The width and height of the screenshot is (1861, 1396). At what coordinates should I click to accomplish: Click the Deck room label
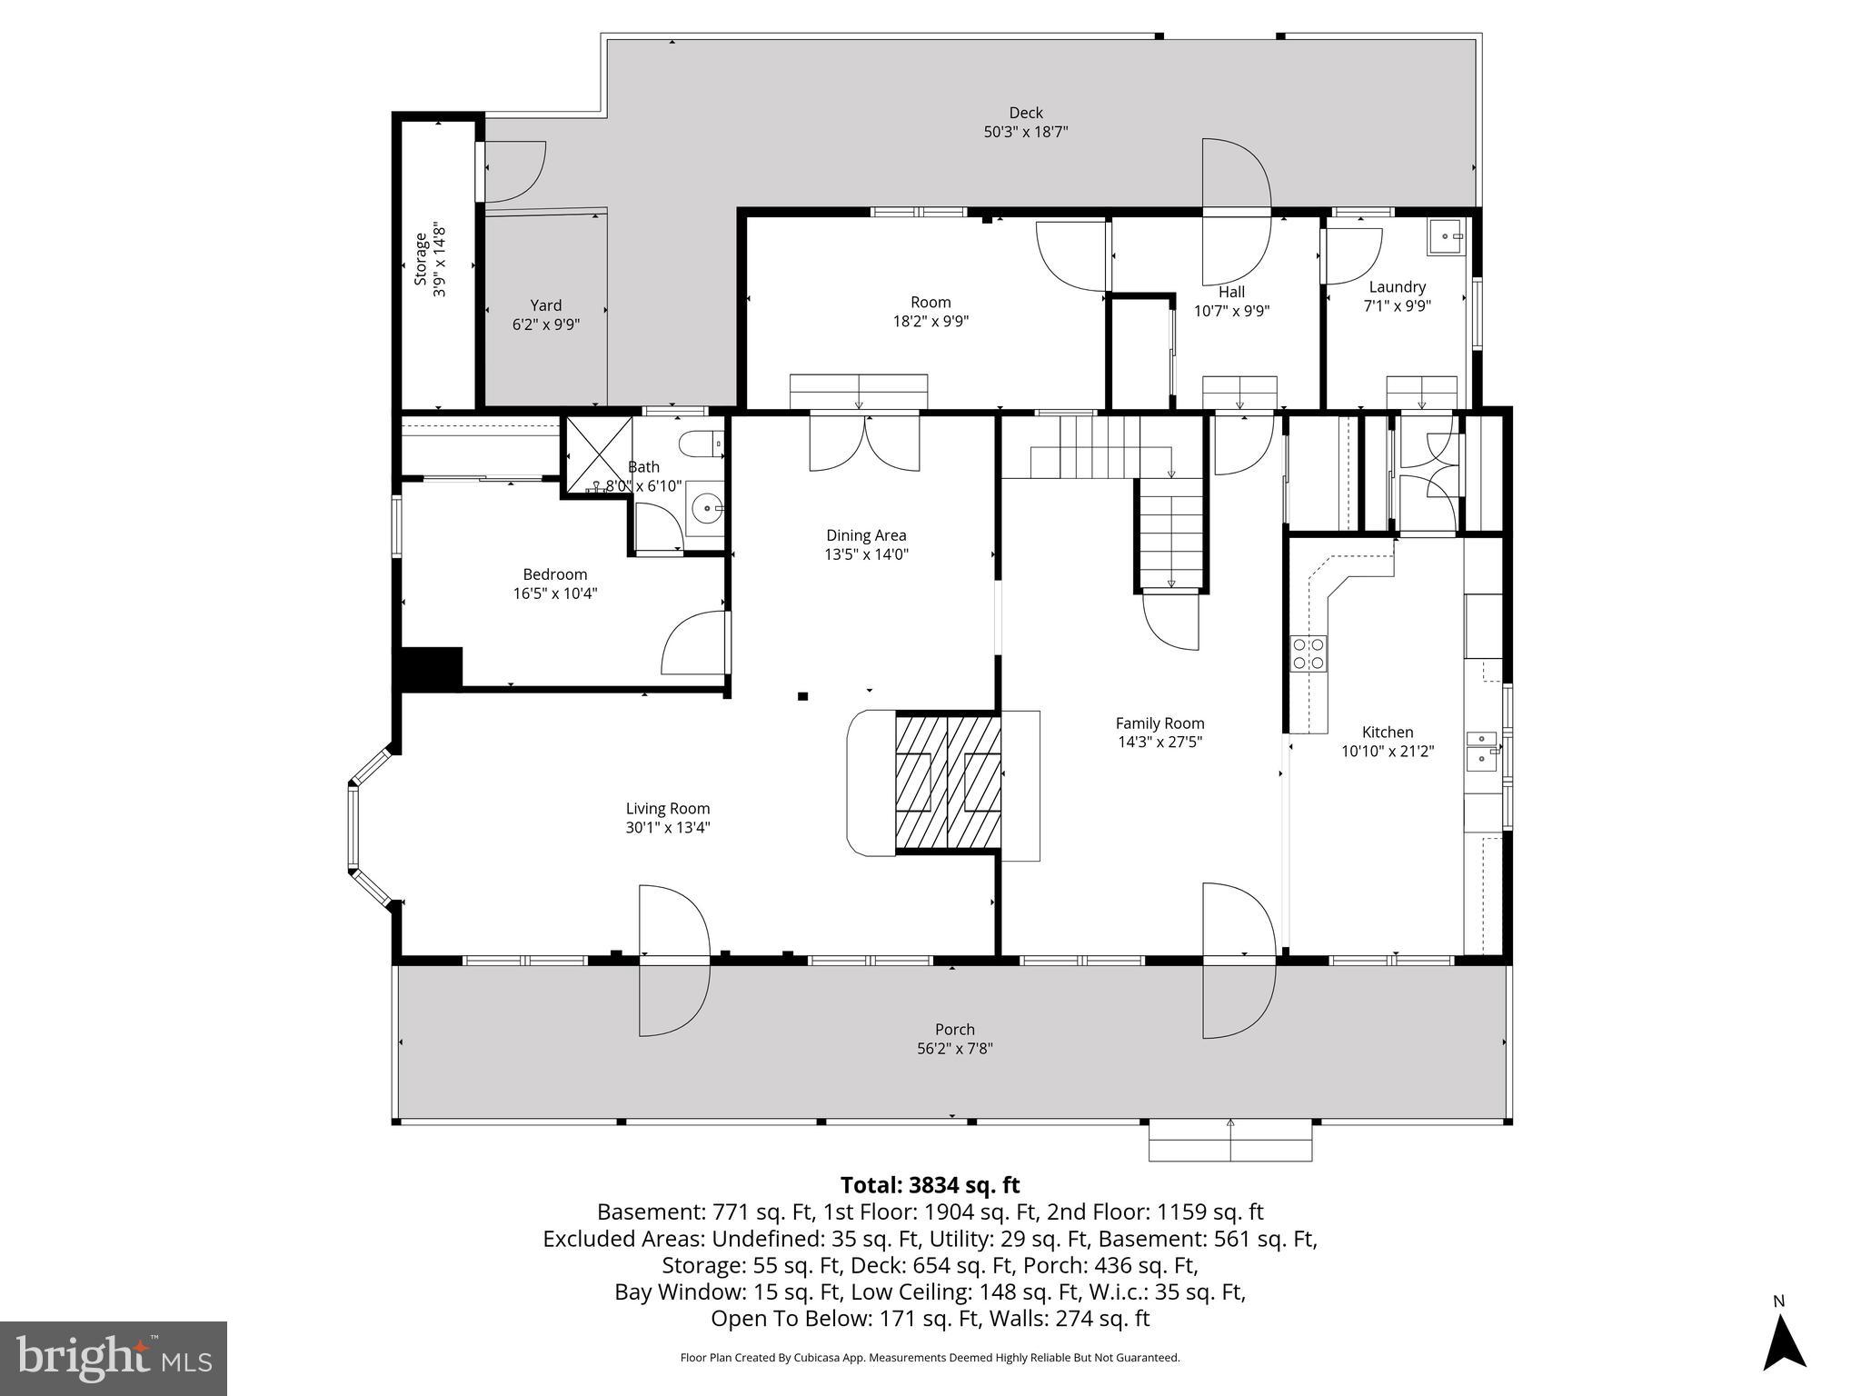click(x=1025, y=113)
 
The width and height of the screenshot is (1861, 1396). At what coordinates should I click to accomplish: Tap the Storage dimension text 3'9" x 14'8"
click(x=440, y=259)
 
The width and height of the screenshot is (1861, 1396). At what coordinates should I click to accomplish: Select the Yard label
click(x=545, y=305)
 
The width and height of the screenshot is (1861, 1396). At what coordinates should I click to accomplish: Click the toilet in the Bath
click(x=702, y=444)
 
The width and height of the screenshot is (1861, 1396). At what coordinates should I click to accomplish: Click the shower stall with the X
click(x=599, y=454)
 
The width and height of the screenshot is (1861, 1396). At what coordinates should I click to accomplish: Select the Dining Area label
click(x=865, y=535)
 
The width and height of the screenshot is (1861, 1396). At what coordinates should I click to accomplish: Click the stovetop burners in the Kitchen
click(x=1309, y=653)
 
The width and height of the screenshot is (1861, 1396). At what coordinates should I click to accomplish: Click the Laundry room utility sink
click(x=1445, y=236)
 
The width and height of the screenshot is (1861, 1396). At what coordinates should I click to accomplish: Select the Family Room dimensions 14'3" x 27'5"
click(x=1159, y=742)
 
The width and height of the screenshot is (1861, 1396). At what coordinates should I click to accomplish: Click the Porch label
click(x=954, y=1029)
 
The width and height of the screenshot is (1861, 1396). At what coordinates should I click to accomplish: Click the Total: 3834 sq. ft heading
click(x=930, y=1185)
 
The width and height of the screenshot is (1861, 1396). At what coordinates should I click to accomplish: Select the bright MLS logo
click(x=114, y=1358)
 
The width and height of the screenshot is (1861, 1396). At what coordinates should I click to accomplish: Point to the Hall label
click(x=1231, y=292)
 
